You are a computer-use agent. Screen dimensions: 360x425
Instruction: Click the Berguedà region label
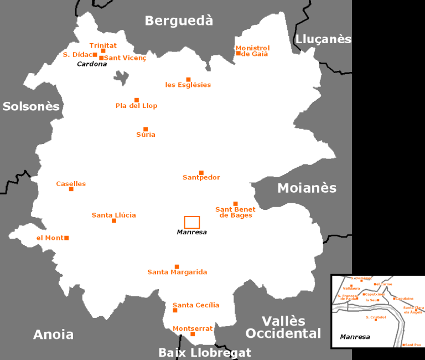point(179,21)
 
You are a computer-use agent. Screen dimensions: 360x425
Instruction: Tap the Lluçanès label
point(324,39)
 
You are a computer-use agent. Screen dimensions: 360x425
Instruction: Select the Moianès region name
point(307,188)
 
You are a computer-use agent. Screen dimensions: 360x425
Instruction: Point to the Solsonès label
point(31,106)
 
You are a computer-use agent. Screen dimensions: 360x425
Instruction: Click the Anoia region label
point(53,335)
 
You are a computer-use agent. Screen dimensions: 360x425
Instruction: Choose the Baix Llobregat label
point(205,353)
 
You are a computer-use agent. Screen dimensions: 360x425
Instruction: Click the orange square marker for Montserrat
point(193,334)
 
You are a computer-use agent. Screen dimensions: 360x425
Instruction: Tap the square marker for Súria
point(146,129)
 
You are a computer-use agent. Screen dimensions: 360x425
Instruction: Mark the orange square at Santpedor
point(201,172)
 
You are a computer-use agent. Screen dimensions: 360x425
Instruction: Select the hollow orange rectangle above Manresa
point(192,222)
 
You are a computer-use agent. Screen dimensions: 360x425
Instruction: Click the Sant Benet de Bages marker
point(235,203)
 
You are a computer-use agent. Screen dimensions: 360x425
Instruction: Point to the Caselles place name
point(71,184)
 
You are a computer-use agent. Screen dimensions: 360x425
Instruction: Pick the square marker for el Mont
point(66,238)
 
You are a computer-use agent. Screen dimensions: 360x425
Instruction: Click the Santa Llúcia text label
point(113,215)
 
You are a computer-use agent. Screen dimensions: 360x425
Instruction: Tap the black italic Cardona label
point(92,64)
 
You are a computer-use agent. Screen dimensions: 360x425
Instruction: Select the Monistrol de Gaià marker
point(239,53)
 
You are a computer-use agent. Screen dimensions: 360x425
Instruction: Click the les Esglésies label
point(188,85)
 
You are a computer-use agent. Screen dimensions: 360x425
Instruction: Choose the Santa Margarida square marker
point(177,266)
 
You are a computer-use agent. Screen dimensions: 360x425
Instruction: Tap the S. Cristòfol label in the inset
point(376,317)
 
